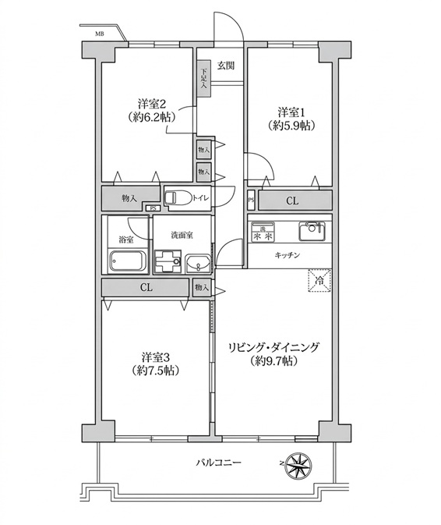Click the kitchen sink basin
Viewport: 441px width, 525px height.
click(312, 231)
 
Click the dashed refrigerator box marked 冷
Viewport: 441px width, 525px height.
click(319, 281)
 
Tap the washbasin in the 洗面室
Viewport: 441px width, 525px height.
click(198, 264)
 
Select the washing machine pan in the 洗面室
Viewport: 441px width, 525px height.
click(168, 261)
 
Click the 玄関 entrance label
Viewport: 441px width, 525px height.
click(226, 66)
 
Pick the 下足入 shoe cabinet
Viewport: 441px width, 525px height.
click(203, 78)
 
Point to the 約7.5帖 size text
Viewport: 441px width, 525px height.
click(154, 371)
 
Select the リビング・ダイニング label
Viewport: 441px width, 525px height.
click(273, 348)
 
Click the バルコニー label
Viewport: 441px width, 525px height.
click(219, 463)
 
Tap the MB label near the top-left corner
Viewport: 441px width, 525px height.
click(99, 34)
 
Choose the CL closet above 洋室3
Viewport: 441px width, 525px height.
click(146, 288)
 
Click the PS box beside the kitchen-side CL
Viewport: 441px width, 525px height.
click(251, 200)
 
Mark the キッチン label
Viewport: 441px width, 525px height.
click(288, 255)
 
